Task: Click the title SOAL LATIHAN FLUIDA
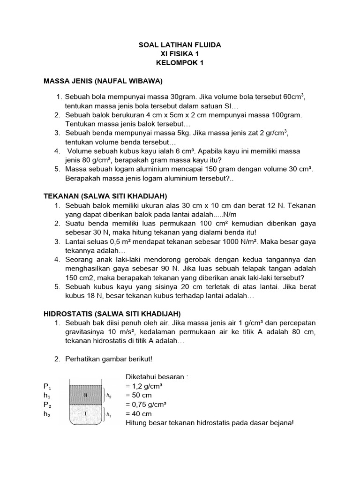click(180, 45)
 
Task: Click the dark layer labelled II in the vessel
click(86, 395)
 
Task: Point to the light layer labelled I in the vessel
click(86, 414)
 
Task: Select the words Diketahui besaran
click(157, 377)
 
